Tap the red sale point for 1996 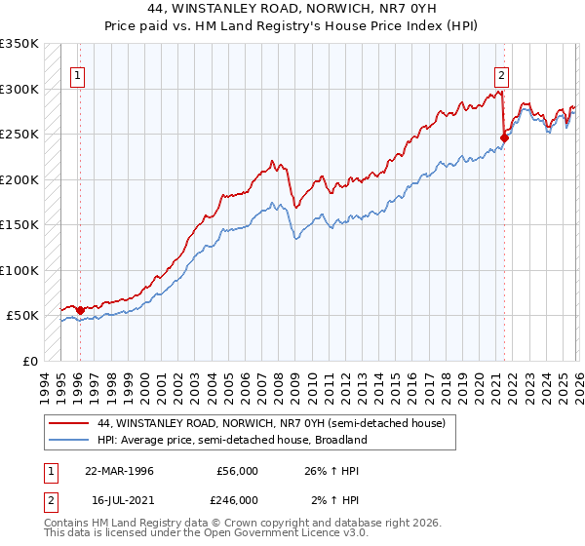coord(80,310)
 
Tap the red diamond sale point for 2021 coord(504,137)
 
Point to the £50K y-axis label coord(22,316)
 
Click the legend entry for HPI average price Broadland coord(232,440)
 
